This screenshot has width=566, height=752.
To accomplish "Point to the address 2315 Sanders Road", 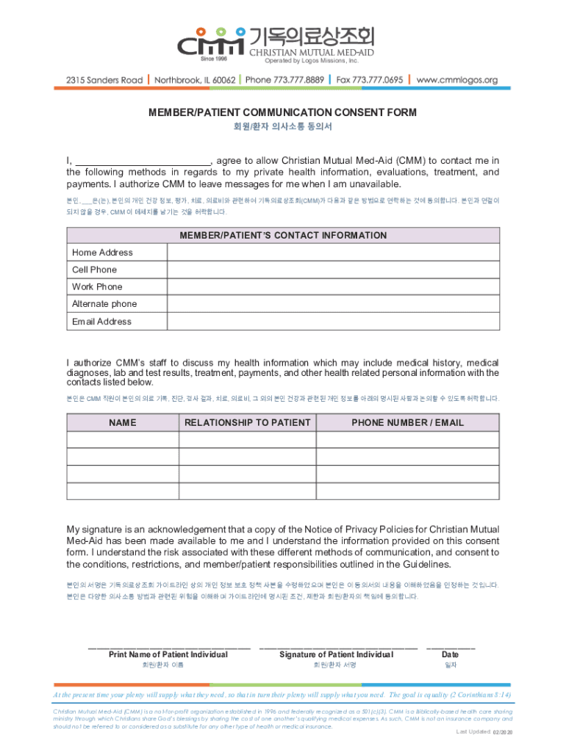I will (99, 79).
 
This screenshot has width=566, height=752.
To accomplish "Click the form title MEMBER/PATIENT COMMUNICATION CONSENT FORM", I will (283, 112).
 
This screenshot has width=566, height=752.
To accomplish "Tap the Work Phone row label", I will (97, 286).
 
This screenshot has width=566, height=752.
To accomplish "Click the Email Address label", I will (101, 322).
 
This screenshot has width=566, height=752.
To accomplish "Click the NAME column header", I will (123, 422).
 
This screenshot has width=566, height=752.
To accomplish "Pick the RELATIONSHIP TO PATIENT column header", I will (247, 422).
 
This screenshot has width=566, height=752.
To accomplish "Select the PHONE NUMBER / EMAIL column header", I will (407, 422).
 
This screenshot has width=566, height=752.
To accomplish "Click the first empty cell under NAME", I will (123, 440).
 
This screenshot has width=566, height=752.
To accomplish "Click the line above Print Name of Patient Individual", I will (168, 648).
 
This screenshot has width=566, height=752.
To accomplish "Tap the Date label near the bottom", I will (450, 654).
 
